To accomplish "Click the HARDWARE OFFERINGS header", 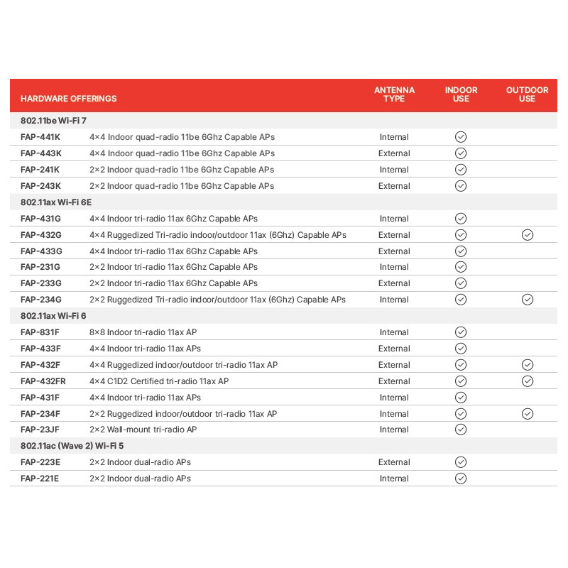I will click(x=69, y=99).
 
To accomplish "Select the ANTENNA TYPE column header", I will click(x=394, y=94).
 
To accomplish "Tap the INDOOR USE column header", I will click(x=461, y=94).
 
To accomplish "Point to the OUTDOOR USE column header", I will click(x=527, y=94).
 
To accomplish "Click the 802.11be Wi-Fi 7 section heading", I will click(x=53, y=121).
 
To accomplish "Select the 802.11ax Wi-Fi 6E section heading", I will click(x=56, y=202).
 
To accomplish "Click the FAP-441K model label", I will click(x=40, y=137).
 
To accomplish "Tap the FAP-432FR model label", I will click(x=43, y=381).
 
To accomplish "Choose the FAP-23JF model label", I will click(x=40, y=430).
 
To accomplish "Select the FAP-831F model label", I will click(x=40, y=332).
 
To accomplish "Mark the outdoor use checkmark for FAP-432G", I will click(x=527, y=235).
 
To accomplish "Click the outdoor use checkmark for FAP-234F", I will click(x=527, y=414).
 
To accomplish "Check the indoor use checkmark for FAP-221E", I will click(x=461, y=479).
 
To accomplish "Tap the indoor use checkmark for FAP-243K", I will click(x=461, y=186).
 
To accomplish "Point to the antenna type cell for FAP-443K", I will click(x=394, y=153).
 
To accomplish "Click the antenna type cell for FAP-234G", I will click(x=394, y=300).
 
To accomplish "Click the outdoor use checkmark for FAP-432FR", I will click(x=527, y=381).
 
